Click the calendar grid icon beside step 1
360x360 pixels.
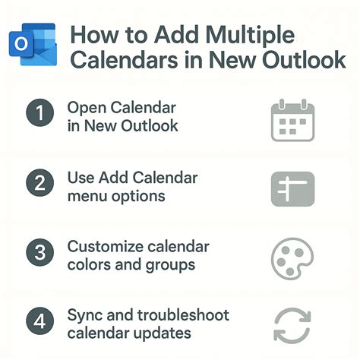292,120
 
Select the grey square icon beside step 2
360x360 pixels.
292,189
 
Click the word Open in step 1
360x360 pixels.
84,108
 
